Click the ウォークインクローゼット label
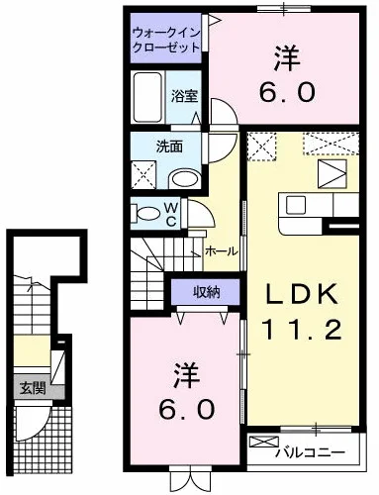point(166,41)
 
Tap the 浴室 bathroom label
point(184,96)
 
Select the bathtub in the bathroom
point(147,97)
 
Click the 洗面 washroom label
point(169,147)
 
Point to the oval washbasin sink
point(185,178)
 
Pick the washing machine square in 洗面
point(143,175)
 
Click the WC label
point(171,215)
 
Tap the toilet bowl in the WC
point(147,214)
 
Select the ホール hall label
point(221,251)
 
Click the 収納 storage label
point(206,292)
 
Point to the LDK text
point(302,294)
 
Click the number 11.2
point(302,330)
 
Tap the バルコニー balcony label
point(311,451)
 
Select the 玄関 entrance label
point(33,388)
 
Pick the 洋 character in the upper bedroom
point(287,58)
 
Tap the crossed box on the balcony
point(264,442)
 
